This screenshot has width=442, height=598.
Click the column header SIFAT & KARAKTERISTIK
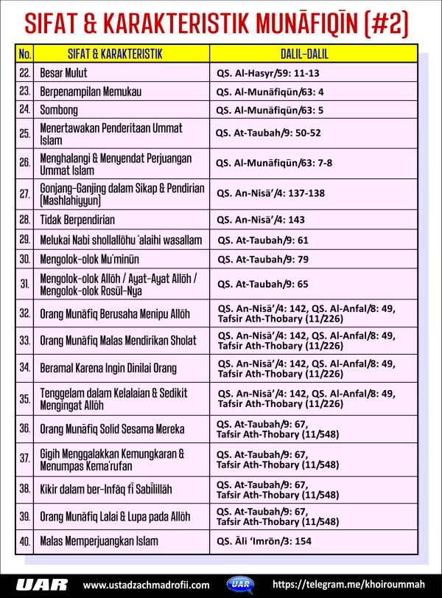pyautogui.click(x=110, y=53)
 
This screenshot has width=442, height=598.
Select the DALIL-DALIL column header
pyautogui.click(x=313, y=53)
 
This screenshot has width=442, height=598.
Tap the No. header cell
pyautogui.click(x=24, y=53)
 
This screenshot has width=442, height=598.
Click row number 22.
pyautogui.click(x=24, y=73)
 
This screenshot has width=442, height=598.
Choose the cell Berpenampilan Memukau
pyautogui.click(x=90, y=91)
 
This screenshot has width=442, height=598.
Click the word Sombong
pyautogui.click(x=57, y=110)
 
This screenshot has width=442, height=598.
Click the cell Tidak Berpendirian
pyautogui.click(x=77, y=220)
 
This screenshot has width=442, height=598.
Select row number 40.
pyautogui.click(x=24, y=540)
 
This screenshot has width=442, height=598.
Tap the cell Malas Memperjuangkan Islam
pyautogui.click(x=99, y=540)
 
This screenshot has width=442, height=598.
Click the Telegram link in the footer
pyautogui.click(x=349, y=584)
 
